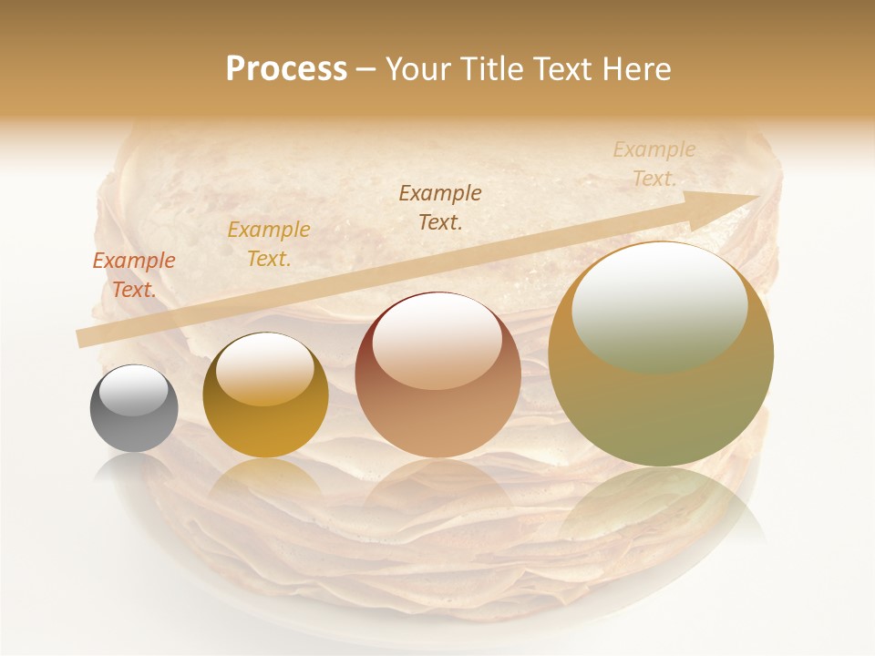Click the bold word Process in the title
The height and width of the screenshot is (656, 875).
[x=286, y=69]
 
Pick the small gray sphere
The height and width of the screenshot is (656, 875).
[x=134, y=408]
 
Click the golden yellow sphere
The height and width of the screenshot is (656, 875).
[x=265, y=395]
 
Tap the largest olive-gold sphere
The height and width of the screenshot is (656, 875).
[x=661, y=354]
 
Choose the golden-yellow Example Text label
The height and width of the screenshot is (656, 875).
[x=269, y=244]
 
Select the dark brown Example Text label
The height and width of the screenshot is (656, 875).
[x=440, y=207]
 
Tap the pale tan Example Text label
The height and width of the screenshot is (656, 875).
[x=654, y=164]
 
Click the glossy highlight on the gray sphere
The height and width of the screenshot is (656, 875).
[x=134, y=391]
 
